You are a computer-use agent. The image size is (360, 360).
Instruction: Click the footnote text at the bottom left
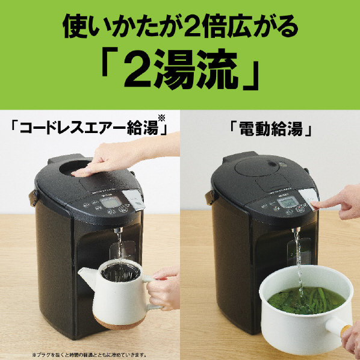[90, 354]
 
